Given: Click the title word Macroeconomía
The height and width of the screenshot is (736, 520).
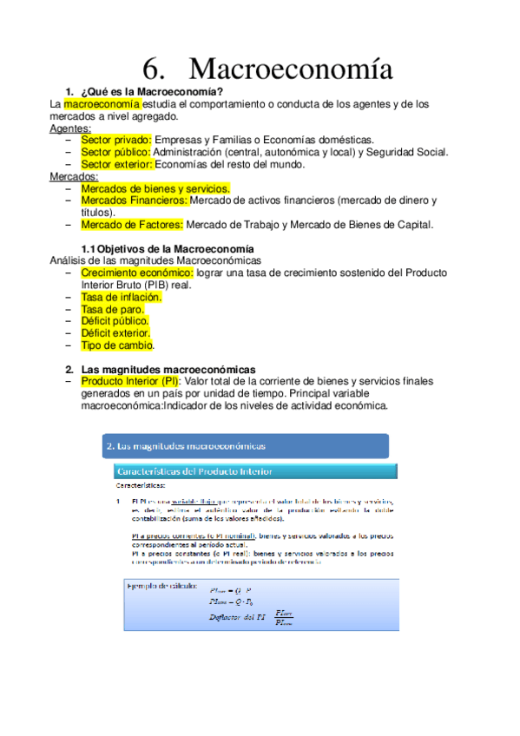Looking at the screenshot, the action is click(290, 69).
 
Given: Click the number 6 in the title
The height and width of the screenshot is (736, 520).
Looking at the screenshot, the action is click(153, 69).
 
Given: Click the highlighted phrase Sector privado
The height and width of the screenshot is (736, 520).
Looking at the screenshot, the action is click(115, 140).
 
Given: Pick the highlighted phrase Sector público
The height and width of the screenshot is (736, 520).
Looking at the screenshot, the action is click(115, 152).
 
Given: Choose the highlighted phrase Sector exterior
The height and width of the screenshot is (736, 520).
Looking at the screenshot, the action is click(117, 164).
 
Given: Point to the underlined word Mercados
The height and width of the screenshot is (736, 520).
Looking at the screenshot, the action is click(74, 176).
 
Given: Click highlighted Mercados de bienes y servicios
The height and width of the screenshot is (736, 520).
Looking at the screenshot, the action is click(155, 187).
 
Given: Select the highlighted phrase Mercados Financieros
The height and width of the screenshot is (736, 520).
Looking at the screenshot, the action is click(134, 200).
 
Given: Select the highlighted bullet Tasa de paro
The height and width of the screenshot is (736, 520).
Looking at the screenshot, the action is click(112, 309).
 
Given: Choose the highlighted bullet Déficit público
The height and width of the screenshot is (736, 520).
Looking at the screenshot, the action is click(114, 321).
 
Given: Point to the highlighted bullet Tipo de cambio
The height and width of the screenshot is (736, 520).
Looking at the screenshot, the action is click(116, 345).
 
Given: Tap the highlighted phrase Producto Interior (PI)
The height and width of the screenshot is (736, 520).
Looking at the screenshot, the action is click(130, 381).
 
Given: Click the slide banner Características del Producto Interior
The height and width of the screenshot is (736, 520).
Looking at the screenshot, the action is click(195, 471).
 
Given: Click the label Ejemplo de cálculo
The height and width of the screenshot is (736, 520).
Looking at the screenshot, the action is click(163, 585).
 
